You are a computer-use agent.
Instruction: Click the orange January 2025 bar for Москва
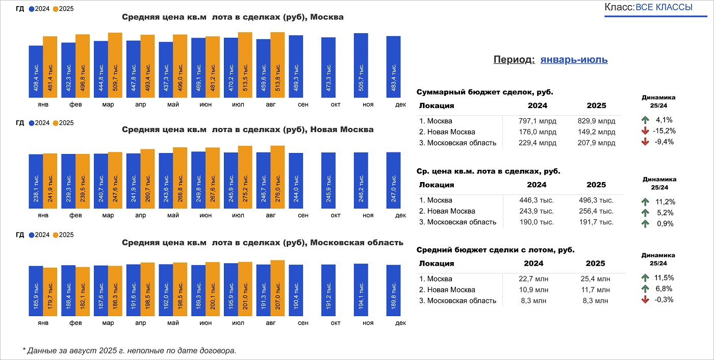tap(50, 67)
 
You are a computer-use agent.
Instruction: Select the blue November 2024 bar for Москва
tap(361, 65)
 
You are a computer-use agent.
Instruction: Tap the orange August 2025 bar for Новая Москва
tap(277, 176)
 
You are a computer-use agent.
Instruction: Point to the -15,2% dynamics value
tap(664, 131)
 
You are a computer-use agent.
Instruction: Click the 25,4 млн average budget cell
tap(596, 279)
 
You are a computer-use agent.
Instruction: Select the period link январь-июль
tap(574, 60)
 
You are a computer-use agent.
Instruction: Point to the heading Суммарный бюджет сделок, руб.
tap(484, 92)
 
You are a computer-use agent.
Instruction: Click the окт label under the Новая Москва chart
tap(336, 216)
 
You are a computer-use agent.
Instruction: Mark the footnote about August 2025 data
tap(130, 351)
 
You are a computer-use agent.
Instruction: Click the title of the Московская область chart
tap(263, 243)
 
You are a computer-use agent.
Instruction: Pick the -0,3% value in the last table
tap(664, 300)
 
